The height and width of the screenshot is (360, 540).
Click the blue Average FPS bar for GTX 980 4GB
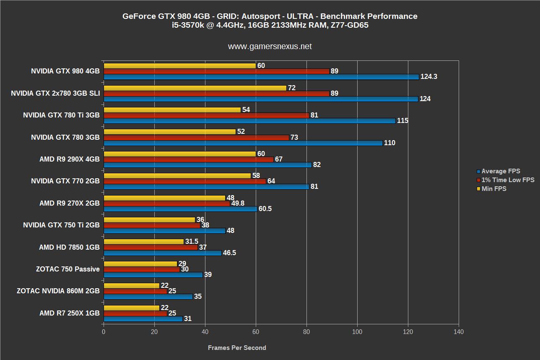click(x=261, y=77)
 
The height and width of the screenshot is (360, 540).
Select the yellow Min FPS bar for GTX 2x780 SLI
click(x=195, y=88)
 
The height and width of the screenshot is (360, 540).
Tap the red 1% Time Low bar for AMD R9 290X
click(x=188, y=159)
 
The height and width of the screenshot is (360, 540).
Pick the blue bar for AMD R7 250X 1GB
click(x=143, y=319)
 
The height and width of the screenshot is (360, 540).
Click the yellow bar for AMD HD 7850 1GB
click(x=143, y=242)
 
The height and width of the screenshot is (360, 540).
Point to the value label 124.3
click(x=429, y=77)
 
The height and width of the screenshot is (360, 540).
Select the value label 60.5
click(x=265, y=209)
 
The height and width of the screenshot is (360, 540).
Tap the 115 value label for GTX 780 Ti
click(x=403, y=121)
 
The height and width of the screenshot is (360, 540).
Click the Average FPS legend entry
click(x=501, y=171)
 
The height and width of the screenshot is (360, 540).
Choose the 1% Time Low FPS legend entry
click(x=508, y=180)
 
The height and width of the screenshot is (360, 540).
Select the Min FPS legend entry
click(x=494, y=189)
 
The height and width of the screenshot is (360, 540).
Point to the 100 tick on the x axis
click(x=357, y=332)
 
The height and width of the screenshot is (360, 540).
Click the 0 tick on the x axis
click(x=104, y=332)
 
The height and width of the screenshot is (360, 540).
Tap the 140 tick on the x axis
click(x=459, y=332)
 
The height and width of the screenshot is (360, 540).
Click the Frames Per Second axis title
click(x=237, y=348)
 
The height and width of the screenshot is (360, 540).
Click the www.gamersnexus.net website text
click(x=270, y=47)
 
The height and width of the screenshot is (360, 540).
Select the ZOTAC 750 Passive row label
click(x=68, y=269)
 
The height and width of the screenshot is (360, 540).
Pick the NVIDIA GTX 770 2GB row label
click(x=65, y=181)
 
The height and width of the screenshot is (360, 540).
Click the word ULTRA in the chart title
click(x=299, y=16)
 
